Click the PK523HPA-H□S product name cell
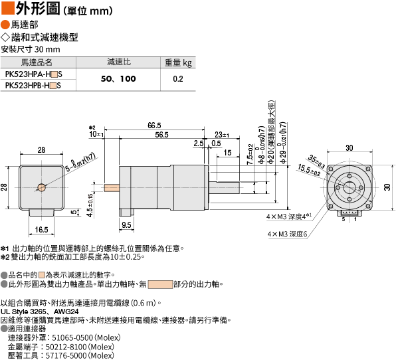[x=34, y=74]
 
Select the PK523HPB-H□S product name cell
[x=33, y=86]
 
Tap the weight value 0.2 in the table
[x=178, y=79]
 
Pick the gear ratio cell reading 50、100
[x=118, y=79]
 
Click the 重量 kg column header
[x=178, y=62]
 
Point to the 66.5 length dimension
[x=154, y=126]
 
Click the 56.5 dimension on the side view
[x=161, y=135]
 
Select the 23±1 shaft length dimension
[x=222, y=135]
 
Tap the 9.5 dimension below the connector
[x=126, y=225]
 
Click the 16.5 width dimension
[x=41, y=229]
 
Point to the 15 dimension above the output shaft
[x=227, y=153]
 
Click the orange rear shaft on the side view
[x=112, y=188]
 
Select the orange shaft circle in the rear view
[x=42, y=187]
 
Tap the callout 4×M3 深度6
[x=288, y=234]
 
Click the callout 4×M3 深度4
[x=288, y=217]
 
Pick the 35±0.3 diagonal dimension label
[x=316, y=162]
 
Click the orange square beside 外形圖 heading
[x=7, y=7]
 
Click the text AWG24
[x=66, y=312]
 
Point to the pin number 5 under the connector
[x=344, y=219]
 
